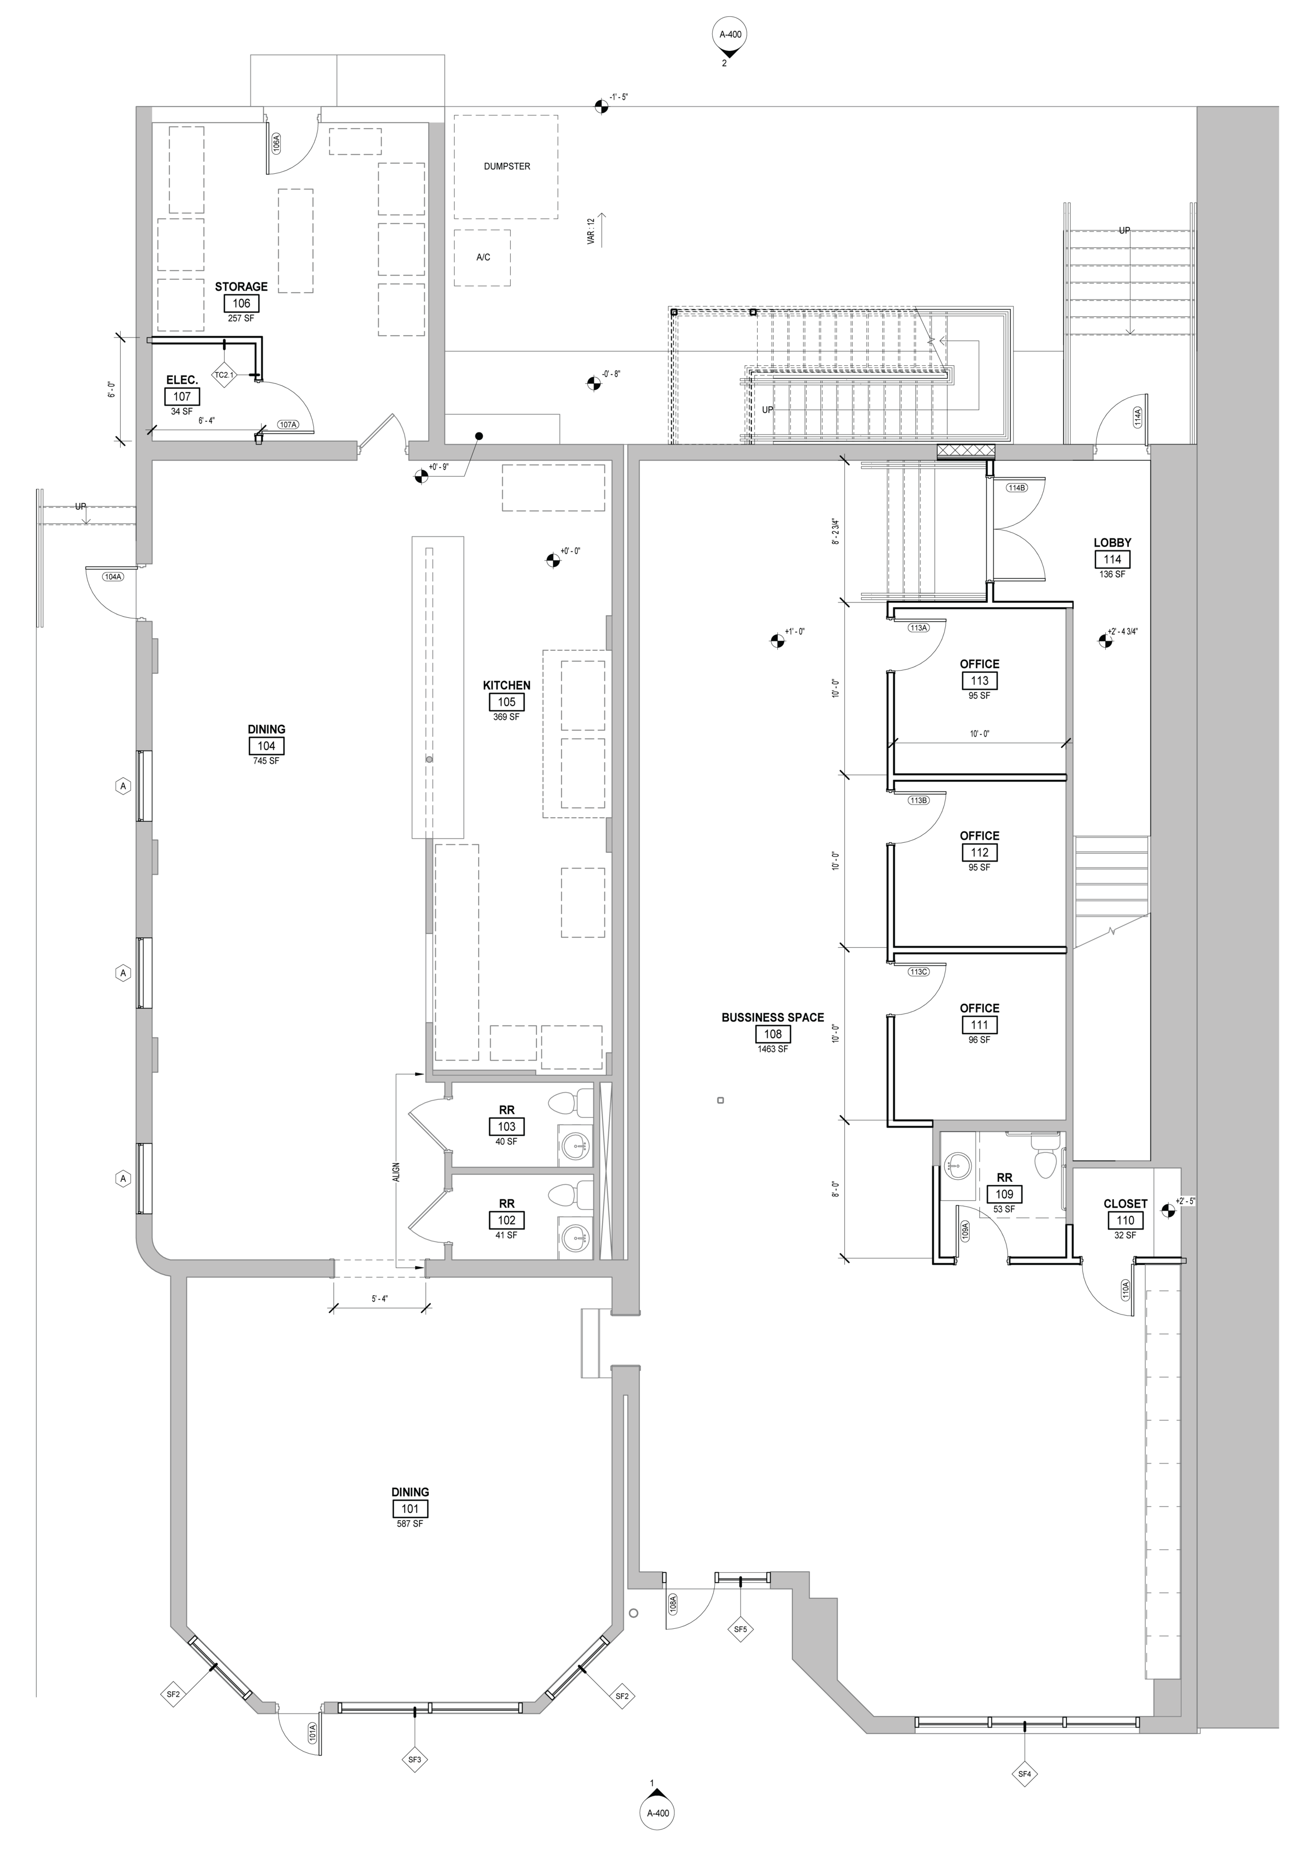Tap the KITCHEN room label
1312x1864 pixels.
click(506, 685)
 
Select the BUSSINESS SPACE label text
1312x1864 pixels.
click(772, 1017)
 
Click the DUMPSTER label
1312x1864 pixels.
click(506, 166)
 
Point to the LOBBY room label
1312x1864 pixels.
click(1112, 542)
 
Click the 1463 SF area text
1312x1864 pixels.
click(772, 1049)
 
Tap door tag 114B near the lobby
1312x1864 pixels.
click(1017, 488)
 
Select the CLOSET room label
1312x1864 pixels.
click(1125, 1204)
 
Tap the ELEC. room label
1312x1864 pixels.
click(182, 380)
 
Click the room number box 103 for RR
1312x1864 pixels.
click(506, 1126)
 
